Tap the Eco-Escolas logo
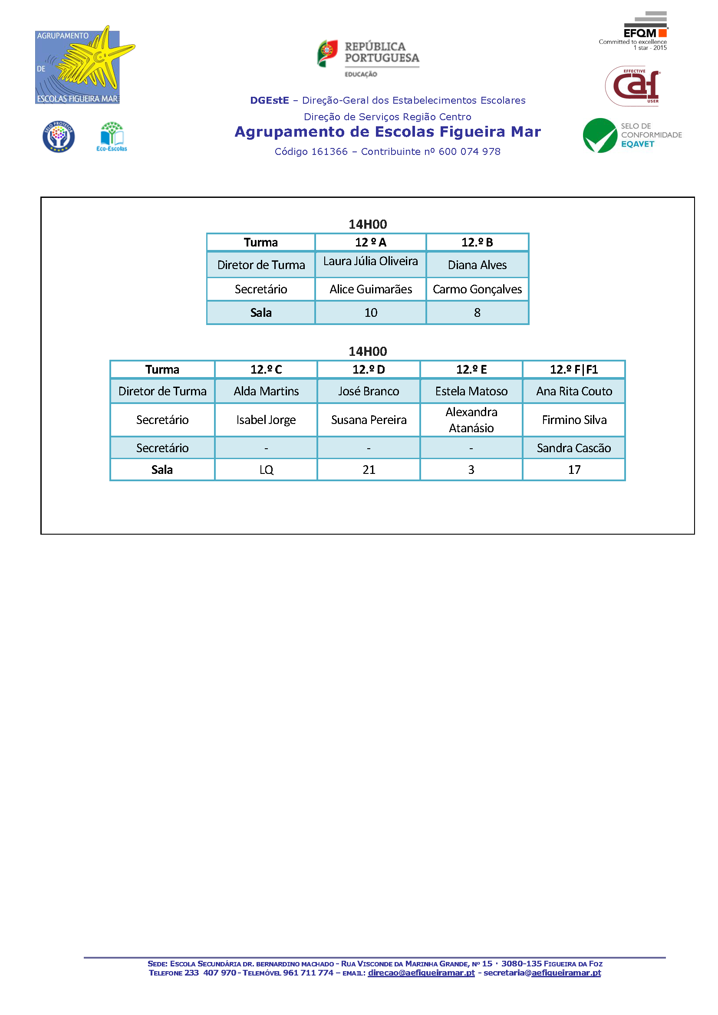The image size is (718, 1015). click(112, 137)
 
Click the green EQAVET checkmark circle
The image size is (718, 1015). click(600, 135)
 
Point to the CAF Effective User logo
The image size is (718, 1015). click(632, 86)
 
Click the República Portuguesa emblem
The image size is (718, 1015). click(327, 53)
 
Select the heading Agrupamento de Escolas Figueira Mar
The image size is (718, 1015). click(388, 132)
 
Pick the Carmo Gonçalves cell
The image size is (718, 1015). click(477, 289)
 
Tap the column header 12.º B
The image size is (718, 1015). click(477, 242)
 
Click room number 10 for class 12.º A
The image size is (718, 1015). click(370, 312)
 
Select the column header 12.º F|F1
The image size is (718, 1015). click(574, 370)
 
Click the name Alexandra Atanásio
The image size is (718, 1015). click(471, 420)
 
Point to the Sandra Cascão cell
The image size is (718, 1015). click(574, 448)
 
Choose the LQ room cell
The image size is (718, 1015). click(266, 470)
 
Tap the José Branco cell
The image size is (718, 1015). click(369, 391)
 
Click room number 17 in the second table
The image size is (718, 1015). click(574, 470)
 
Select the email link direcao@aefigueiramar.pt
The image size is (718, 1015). click(421, 972)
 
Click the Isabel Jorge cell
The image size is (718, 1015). click(266, 420)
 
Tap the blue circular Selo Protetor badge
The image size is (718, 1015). click(59, 137)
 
